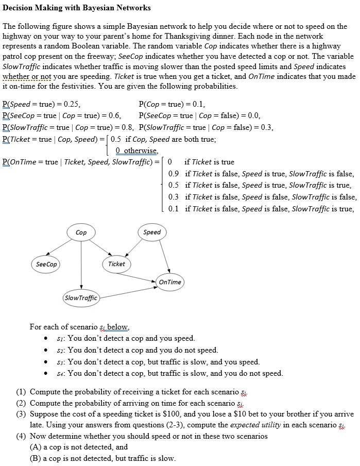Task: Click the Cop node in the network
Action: (81, 232)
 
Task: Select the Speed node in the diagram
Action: (152, 232)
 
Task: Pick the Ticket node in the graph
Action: (116, 264)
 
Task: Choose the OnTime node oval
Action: (170, 282)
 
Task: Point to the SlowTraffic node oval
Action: (80, 297)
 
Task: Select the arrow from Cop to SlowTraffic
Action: (81, 265)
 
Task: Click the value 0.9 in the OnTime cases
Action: (174, 174)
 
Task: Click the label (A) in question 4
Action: (36, 447)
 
